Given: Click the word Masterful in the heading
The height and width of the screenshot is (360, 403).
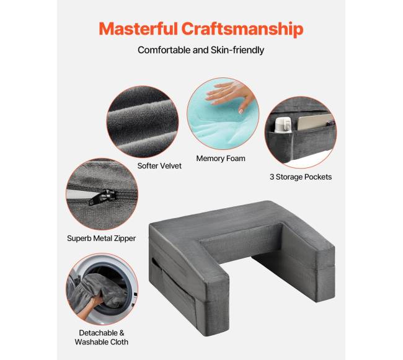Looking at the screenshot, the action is pyautogui.click(x=138, y=29).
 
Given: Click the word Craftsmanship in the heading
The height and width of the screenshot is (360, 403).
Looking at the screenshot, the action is pyautogui.click(x=242, y=29).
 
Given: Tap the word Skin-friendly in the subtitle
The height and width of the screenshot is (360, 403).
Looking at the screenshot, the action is pyautogui.click(x=237, y=50).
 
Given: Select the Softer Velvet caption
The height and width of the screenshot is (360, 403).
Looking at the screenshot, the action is pyautogui.click(x=159, y=166).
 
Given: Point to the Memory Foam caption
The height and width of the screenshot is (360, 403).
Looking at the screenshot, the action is pyautogui.click(x=221, y=159).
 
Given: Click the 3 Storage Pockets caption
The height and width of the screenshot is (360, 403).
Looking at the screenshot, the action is pyautogui.click(x=301, y=177).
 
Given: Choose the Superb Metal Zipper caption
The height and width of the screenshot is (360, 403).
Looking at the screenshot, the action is pyautogui.click(x=101, y=239).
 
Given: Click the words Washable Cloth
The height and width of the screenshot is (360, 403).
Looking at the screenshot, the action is pyautogui.click(x=102, y=342).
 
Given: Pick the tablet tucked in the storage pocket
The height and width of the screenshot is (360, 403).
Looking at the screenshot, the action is pyautogui.click(x=315, y=122).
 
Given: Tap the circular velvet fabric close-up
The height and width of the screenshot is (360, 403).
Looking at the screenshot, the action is pyautogui.click(x=143, y=122).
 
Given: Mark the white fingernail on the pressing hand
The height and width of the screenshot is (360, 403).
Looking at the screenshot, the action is pyautogui.click(x=241, y=112).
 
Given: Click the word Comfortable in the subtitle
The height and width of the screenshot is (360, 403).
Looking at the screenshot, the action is pyautogui.click(x=164, y=50).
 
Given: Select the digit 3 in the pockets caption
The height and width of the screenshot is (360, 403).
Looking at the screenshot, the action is pyautogui.click(x=272, y=177).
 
